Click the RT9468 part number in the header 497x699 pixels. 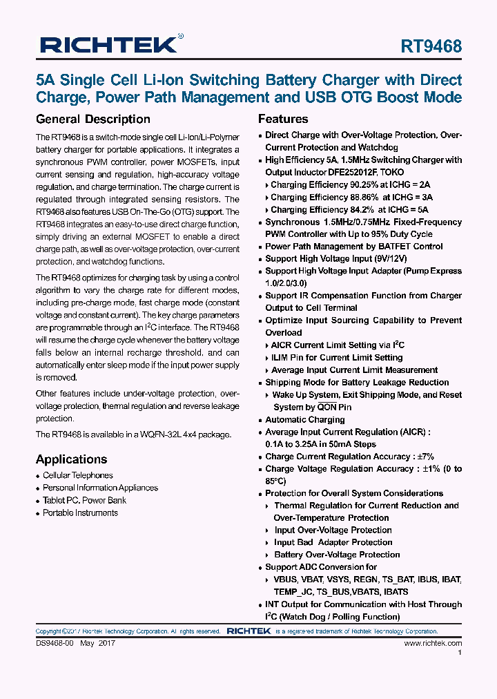pyautogui.click(x=431, y=46)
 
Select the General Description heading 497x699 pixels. pyautogui.click(x=92, y=119)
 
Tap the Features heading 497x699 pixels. pyautogui.click(x=283, y=119)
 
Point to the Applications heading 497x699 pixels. pyautogui.click(x=71, y=459)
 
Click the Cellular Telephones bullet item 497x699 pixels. pyautogui.click(x=77, y=475)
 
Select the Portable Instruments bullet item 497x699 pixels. pyautogui.click(x=80, y=513)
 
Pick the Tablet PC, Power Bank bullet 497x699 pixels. pyautogui.click(x=84, y=500)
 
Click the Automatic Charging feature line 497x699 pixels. pyautogui.click(x=304, y=420)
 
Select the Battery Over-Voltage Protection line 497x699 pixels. pyautogui.click(x=337, y=555)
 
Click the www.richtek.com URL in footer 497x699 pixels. pyautogui.click(x=433, y=644)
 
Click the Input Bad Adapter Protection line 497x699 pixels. pyautogui.click(x=333, y=542)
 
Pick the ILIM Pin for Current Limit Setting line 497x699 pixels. pyautogui.click(x=336, y=358)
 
